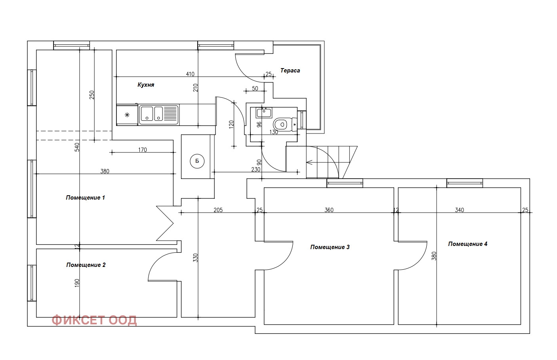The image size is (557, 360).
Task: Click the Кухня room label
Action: coord(146,85)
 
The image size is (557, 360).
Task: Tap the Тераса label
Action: coord(290,70)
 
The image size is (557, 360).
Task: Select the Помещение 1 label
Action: coord(85,198)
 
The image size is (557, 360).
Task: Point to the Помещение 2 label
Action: coord(86,265)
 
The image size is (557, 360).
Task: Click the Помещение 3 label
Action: coord(330,247)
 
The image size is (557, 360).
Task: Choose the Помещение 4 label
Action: coord(467,244)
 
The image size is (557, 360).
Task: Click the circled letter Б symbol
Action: coord(197,161)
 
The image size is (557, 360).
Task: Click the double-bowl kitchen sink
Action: coord(158,114)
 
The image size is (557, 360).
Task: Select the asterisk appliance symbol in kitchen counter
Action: coord(127,115)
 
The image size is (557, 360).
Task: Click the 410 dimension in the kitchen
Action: coord(190,74)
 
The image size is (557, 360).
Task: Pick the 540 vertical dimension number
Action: coord(77,147)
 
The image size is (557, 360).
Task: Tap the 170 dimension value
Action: coord(143,150)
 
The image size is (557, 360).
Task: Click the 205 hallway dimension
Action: coord(218,210)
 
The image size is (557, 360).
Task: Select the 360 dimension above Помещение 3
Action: coord(329,210)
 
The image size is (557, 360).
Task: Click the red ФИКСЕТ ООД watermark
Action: coord(94,320)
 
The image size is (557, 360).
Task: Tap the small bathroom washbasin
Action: coord(264,113)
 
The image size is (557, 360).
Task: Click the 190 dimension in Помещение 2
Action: coord(77,283)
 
